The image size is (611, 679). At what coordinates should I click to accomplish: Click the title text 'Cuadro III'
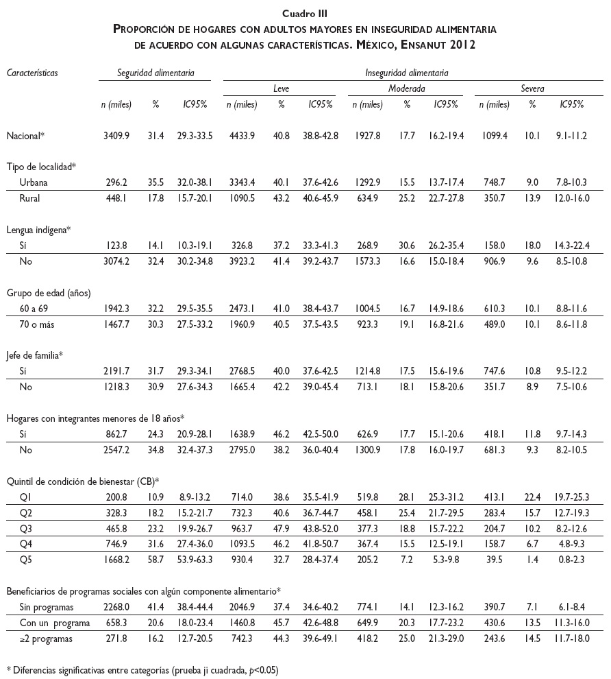point(305,12)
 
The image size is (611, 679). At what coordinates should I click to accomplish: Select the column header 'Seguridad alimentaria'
point(155,71)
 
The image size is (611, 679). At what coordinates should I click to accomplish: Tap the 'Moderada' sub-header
point(407,88)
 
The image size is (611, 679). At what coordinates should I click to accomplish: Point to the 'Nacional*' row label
point(25,136)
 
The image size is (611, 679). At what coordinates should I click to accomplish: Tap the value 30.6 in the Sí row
point(407,245)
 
